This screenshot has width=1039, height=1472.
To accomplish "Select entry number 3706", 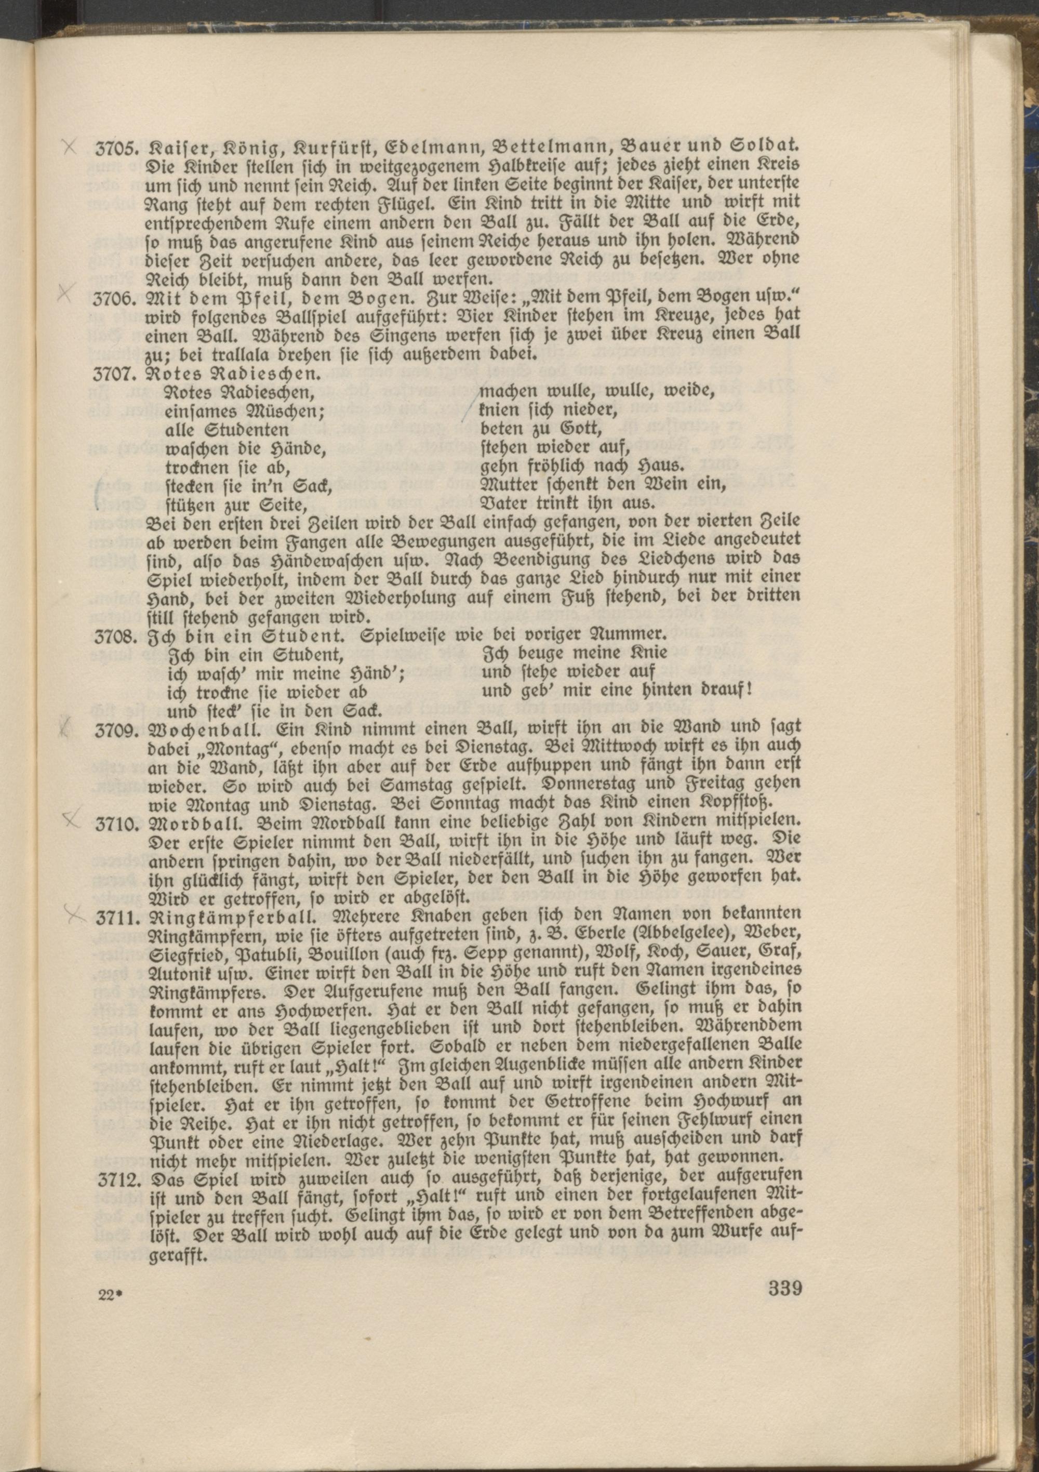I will coord(117,299).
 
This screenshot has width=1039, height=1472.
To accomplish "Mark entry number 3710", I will coord(117,823).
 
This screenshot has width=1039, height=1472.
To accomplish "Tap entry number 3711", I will coord(117,918).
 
